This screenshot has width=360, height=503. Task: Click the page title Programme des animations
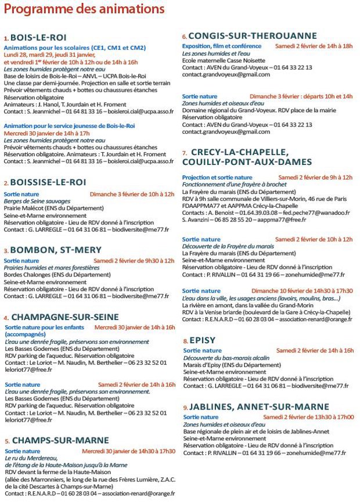click(x=84, y=10)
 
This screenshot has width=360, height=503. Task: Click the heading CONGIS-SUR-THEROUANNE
click(x=252, y=35)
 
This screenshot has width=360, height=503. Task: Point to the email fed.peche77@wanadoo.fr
click(x=318, y=213)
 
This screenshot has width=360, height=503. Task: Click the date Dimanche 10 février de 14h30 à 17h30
click(x=301, y=290)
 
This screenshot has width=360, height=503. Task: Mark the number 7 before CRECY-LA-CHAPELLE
click(x=184, y=153)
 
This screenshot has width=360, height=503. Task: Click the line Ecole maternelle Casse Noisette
click(x=224, y=60)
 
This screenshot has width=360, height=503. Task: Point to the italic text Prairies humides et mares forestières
click(x=52, y=268)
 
